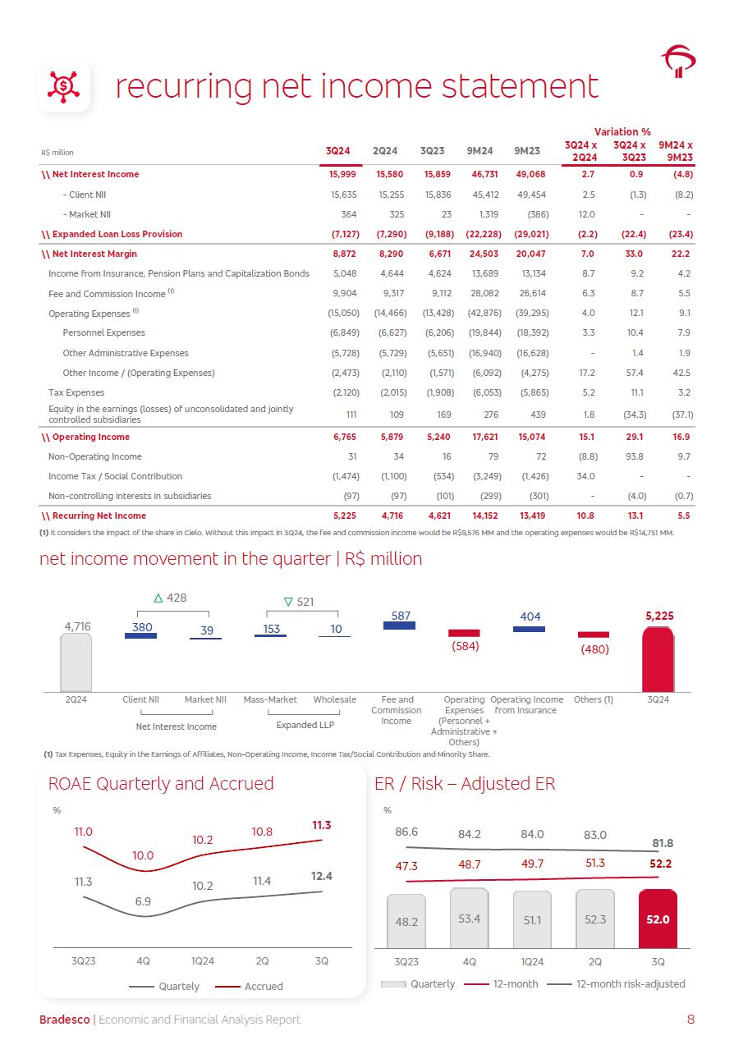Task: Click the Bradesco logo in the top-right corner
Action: coord(678,61)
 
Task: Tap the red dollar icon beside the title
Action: coord(64,85)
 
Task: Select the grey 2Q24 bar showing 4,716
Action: coord(76,662)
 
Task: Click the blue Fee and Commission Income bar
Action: coord(400,626)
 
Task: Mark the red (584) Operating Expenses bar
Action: coord(464,633)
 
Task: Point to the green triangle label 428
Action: coord(171,598)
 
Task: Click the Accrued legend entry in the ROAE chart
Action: coord(250,986)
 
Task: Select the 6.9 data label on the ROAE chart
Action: coord(143,901)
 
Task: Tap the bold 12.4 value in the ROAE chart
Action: coord(322,876)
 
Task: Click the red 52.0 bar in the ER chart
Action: coord(658,919)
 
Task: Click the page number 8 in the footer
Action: coord(690,1020)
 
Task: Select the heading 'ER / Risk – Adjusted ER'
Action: coord(465,784)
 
